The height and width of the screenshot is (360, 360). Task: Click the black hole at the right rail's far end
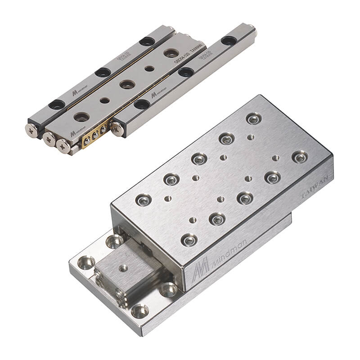click(x=228, y=41)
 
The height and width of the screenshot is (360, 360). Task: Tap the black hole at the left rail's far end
click(x=147, y=41)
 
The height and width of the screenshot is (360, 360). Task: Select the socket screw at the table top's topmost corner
click(x=253, y=119)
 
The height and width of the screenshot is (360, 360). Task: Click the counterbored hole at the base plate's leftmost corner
click(x=85, y=262)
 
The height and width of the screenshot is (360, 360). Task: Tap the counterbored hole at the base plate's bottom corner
click(x=140, y=310)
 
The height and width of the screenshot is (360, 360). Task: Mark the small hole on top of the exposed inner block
click(x=123, y=269)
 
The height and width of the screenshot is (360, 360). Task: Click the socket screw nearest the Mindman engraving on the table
click(x=189, y=239)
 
